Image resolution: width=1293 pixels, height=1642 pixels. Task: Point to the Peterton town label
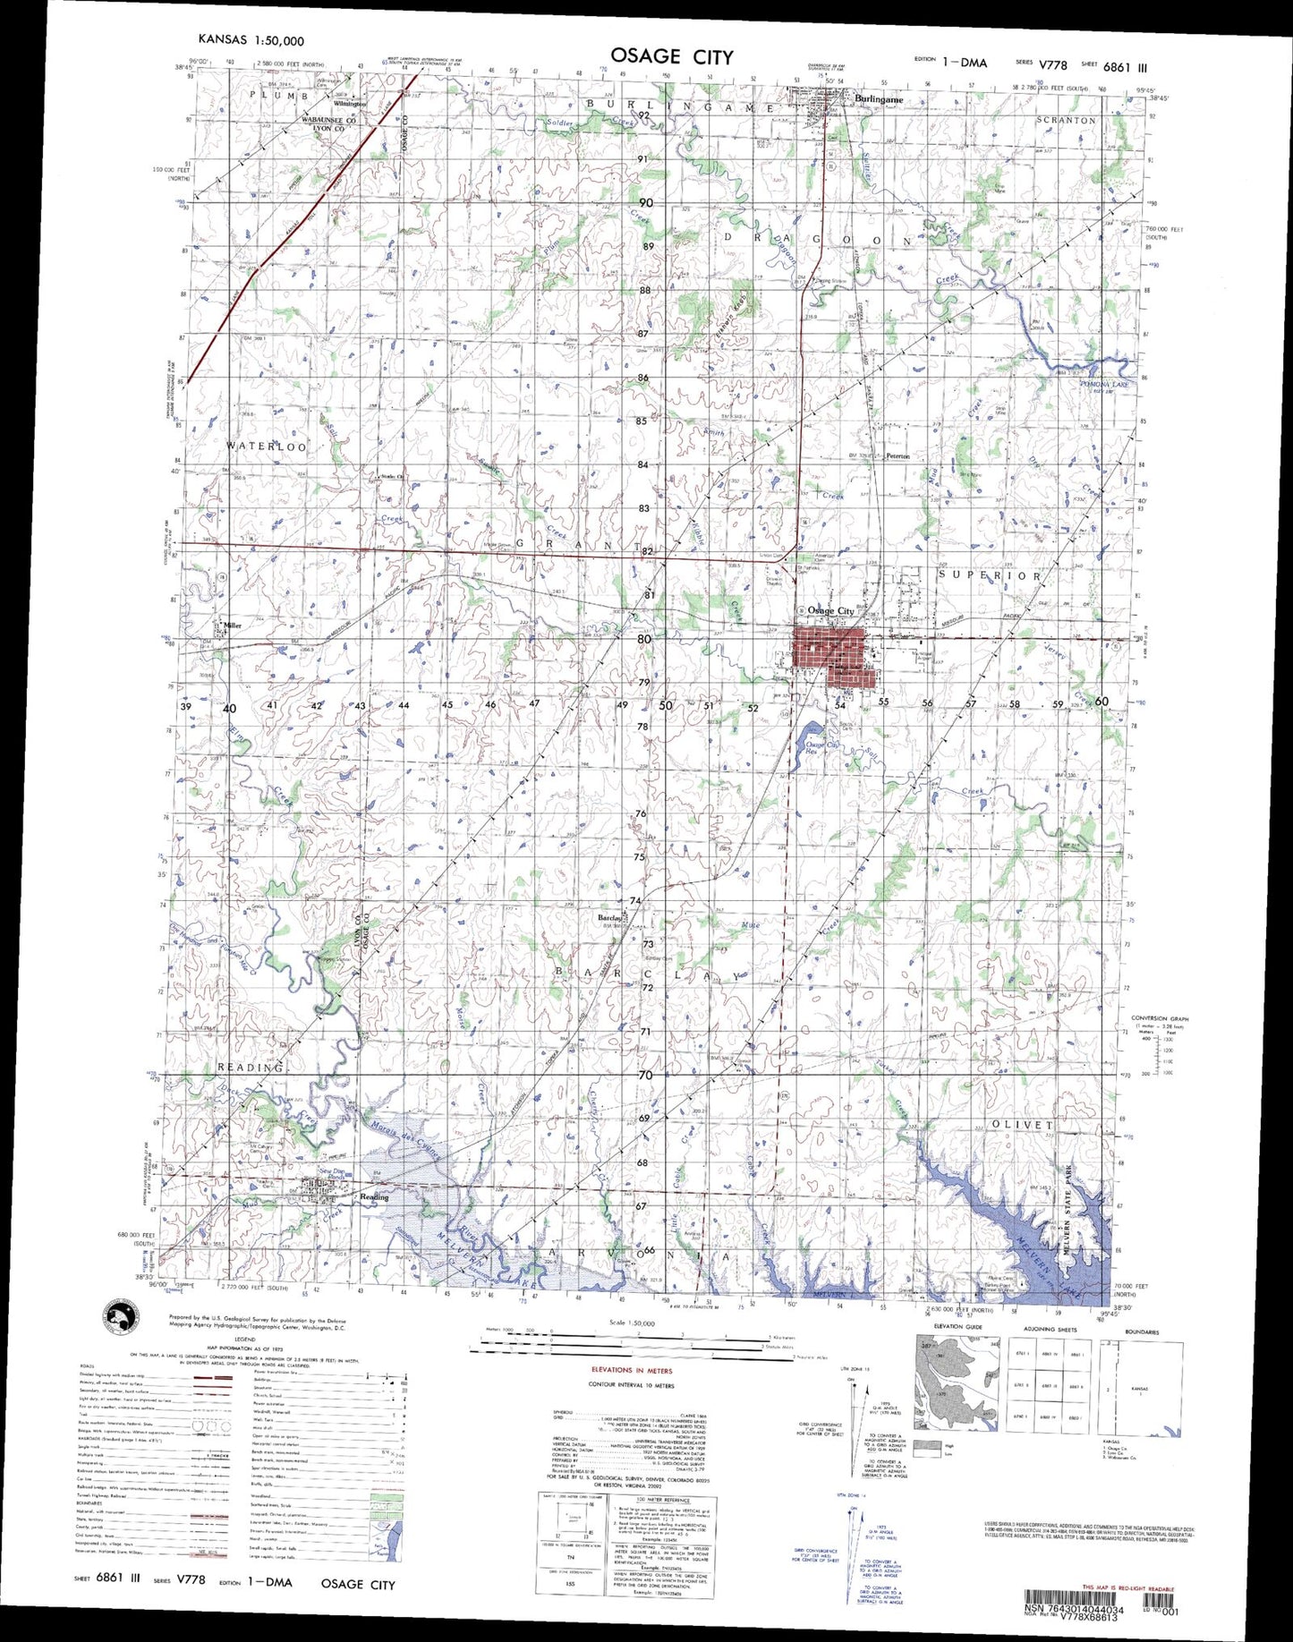pos(897,456)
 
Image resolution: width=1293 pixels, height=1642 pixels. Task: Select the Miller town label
pos(233,625)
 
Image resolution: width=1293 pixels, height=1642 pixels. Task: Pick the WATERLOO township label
pos(266,446)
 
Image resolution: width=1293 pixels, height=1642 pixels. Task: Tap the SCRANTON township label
pos(1065,120)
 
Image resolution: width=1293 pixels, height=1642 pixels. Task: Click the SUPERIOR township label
pos(991,576)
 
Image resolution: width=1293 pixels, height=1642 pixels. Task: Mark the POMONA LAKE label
pos(1104,384)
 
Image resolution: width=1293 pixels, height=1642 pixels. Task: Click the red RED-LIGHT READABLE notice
pos(1127,1588)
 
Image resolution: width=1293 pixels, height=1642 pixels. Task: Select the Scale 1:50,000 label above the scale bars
pos(631,1322)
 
